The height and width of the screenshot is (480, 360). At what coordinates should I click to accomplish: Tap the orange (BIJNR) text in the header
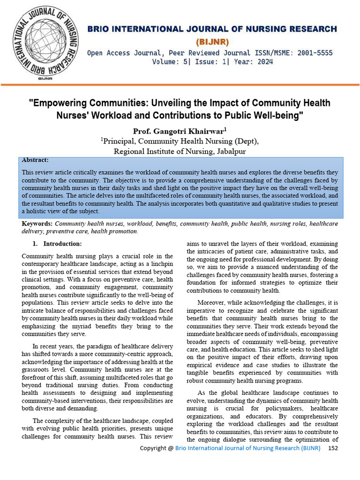coord(212,42)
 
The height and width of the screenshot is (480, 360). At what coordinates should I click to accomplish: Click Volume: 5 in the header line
coord(171,62)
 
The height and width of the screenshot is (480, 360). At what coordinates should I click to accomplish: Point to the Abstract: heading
coord(35,160)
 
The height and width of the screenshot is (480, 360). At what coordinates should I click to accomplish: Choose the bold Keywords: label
coord(37,224)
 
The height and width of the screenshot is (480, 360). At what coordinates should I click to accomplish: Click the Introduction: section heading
coord(62,244)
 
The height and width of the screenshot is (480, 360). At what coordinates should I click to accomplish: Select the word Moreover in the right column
coord(212,303)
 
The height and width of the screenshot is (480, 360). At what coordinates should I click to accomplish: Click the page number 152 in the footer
coord(333,448)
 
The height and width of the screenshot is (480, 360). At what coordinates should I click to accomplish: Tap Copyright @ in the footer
coord(157,448)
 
